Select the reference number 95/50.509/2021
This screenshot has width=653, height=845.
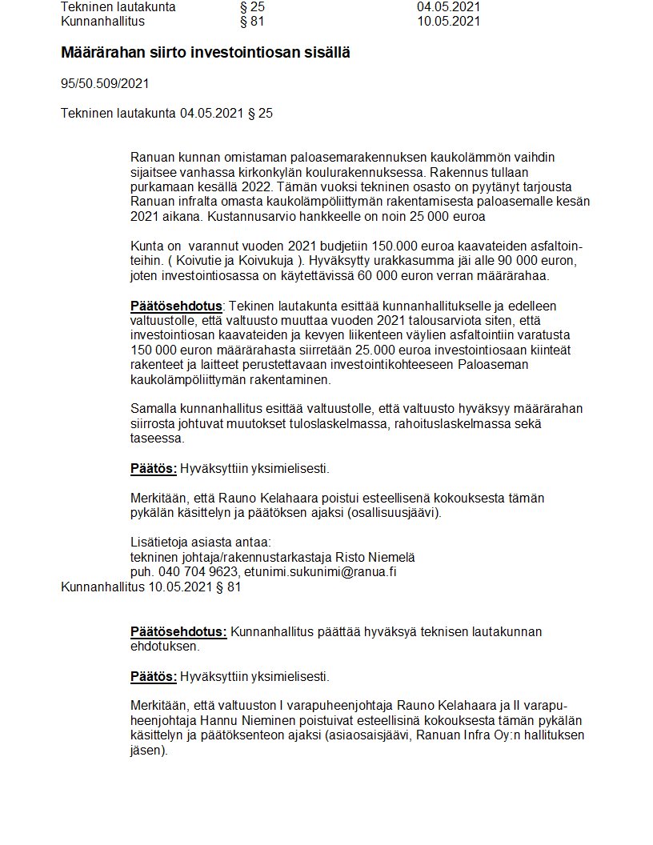pos(105,83)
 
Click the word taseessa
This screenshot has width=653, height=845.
pos(157,439)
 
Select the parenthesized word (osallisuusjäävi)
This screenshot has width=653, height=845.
pos(395,513)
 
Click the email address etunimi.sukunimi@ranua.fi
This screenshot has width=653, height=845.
pos(322,572)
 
